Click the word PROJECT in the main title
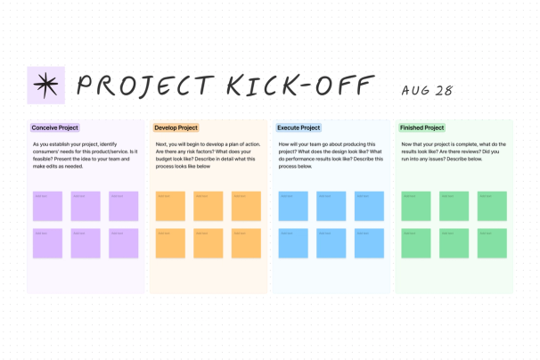[x=143, y=86]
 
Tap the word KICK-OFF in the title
[x=299, y=86]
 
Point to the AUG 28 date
[x=427, y=90]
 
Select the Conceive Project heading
[x=55, y=128]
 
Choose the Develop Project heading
[x=176, y=128]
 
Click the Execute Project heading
[x=299, y=128]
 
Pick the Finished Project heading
[x=422, y=128]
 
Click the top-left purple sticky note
[x=47, y=206]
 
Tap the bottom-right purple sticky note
[x=124, y=243]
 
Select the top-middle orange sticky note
[x=209, y=206]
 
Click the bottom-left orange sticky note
[x=170, y=243]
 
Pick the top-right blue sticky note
[x=369, y=206]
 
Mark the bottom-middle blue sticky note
[x=331, y=243]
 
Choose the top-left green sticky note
[x=416, y=206]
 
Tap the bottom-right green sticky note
[x=491, y=243]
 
